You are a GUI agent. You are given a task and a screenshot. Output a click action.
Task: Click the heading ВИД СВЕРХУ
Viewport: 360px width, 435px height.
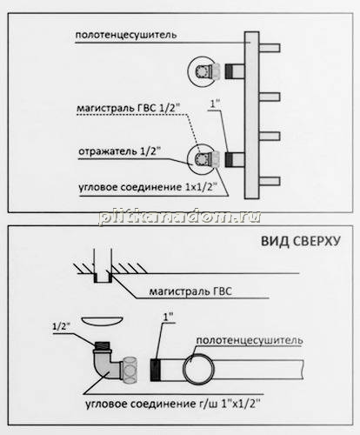click(301, 241)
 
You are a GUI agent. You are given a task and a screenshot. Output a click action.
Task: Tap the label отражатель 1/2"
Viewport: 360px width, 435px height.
click(119, 151)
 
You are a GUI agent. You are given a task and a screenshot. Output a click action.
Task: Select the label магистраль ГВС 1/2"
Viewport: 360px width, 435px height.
click(128, 108)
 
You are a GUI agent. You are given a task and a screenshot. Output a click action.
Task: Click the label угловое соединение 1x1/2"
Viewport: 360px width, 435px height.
click(148, 187)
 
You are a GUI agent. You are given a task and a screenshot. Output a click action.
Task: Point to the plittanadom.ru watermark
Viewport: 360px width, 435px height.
click(180, 217)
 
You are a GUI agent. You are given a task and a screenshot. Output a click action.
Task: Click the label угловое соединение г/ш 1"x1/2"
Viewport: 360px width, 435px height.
click(173, 404)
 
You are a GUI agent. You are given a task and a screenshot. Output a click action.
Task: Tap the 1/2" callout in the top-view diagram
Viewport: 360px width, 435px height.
click(61, 326)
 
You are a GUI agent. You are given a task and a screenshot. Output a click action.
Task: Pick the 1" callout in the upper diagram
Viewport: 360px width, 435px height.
click(215, 104)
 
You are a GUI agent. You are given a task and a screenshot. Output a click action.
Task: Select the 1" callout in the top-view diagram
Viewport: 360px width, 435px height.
click(169, 317)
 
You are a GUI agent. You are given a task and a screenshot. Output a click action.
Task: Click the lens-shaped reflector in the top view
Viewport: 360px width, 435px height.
click(102, 321)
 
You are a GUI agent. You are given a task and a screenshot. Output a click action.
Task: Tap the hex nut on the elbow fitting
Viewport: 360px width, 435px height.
click(130, 370)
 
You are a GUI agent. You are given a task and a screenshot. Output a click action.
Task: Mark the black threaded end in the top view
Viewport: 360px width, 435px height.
click(156, 369)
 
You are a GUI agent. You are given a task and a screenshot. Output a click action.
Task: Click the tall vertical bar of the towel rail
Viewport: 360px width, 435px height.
click(251, 115)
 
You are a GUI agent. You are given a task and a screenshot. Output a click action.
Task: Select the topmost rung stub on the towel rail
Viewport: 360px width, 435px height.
click(270, 48)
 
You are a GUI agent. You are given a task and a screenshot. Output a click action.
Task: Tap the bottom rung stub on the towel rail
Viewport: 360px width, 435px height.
click(270, 181)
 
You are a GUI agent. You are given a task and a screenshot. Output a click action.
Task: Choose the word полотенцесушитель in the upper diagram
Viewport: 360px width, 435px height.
click(126, 35)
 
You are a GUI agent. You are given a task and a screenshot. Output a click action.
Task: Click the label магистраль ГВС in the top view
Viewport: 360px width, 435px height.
click(190, 291)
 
